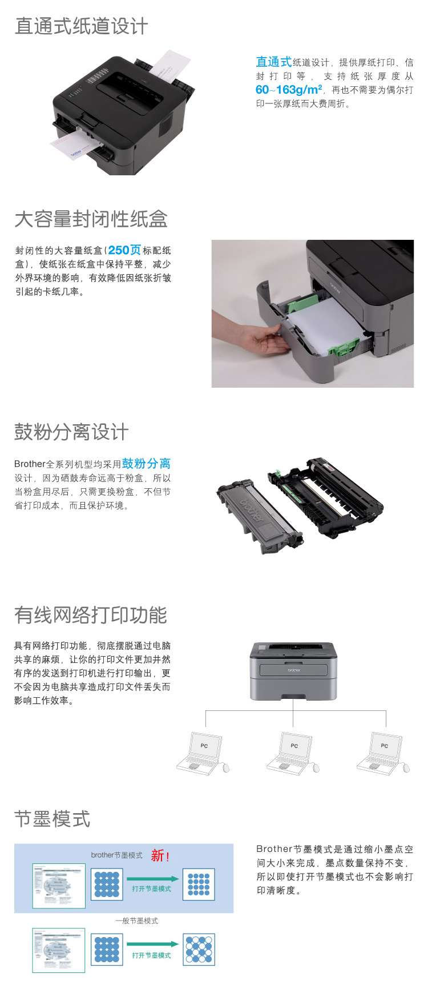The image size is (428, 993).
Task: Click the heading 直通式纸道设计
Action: [x=81, y=26]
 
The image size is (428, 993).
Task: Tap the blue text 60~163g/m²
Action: [x=288, y=90]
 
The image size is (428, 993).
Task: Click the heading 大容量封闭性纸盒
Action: [x=91, y=219]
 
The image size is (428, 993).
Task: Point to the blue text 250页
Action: [x=124, y=250]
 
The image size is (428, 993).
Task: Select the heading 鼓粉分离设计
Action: [x=71, y=432]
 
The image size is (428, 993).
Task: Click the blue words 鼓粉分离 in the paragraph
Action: [x=146, y=464]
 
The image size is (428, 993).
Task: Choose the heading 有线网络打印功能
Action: [x=90, y=615]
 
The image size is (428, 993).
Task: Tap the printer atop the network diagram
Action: [x=293, y=671]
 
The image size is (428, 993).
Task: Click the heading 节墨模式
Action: [x=52, y=818]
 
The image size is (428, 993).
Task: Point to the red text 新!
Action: [x=160, y=855]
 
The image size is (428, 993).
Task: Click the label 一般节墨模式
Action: [x=136, y=920]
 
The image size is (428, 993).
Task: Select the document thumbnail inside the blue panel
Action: [x=59, y=886]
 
